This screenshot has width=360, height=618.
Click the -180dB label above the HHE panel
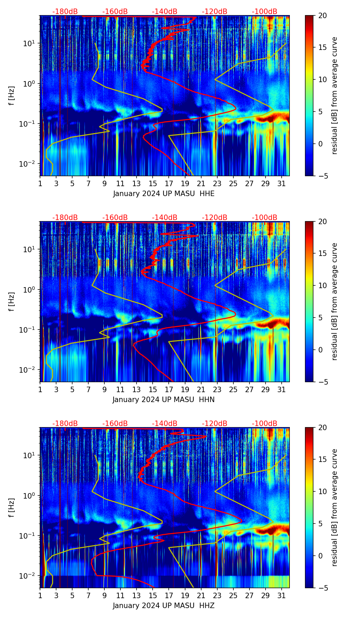click(65, 12)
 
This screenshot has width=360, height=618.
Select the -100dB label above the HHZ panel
click(265, 424)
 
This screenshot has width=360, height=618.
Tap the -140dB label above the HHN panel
click(165, 218)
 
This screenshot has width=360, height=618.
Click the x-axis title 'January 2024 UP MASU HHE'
click(164, 194)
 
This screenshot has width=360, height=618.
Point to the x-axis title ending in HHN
click(164, 400)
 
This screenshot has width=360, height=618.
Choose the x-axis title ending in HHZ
click(164, 606)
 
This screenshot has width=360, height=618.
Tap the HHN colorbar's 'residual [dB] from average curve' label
click(335, 301)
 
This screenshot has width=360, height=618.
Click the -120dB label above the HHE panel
click(215, 12)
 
